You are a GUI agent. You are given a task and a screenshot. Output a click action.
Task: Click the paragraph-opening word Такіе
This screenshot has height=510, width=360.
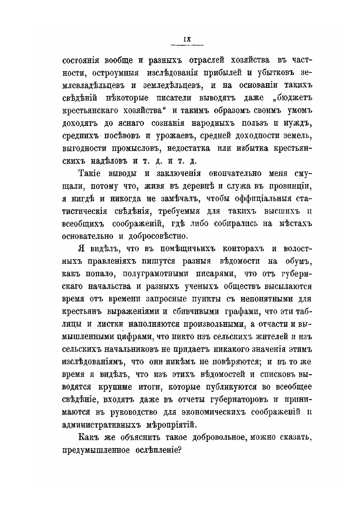coord(92,174)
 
